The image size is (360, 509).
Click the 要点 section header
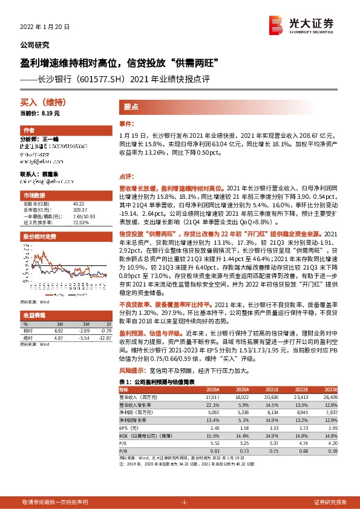131,106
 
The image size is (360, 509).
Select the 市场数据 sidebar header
34,196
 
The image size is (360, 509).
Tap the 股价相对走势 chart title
39,236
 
